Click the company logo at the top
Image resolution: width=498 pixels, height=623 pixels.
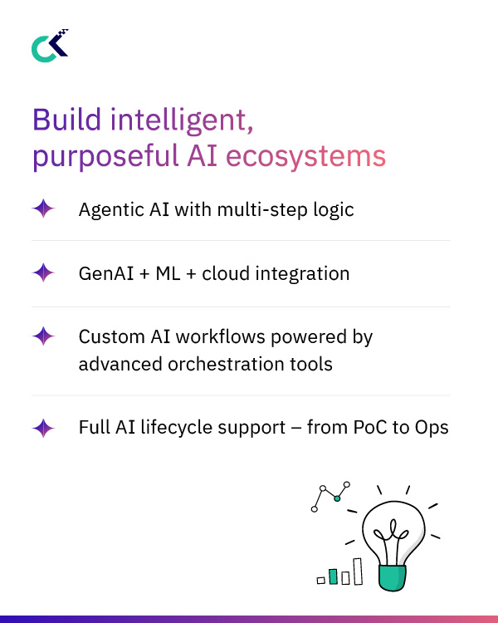pyautogui.click(x=49, y=46)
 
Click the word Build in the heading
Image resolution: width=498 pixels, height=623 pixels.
pyautogui.click(x=61, y=120)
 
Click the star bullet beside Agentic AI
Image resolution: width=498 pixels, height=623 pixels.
pyautogui.click(x=43, y=208)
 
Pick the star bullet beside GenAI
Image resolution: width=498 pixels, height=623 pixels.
pyautogui.click(x=43, y=272)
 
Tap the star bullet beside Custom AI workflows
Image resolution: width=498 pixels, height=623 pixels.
pyautogui.click(x=43, y=336)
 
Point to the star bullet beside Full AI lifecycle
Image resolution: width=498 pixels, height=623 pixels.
pyautogui.click(x=43, y=428)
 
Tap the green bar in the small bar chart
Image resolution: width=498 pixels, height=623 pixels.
pyautogui.click(x=333, y=576)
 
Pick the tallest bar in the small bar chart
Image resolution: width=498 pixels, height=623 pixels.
pyautogui.click(x=358, y=571)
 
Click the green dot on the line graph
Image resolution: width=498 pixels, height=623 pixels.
pyautogui.click(x=337, y=498)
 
